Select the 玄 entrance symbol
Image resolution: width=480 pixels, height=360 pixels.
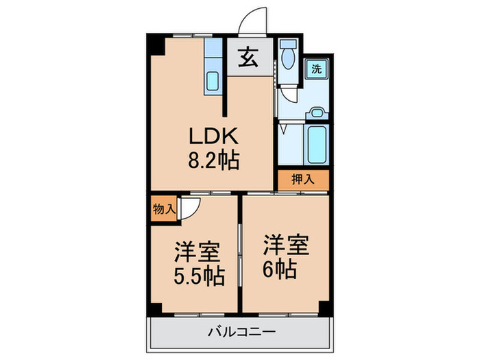coord(248,59)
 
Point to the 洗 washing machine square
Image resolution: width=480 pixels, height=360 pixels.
coord(316,69)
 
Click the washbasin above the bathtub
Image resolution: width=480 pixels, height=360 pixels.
coord(317,114)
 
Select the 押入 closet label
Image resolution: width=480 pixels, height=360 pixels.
coord(303,180)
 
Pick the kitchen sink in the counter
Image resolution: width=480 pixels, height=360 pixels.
coord(213,83)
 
